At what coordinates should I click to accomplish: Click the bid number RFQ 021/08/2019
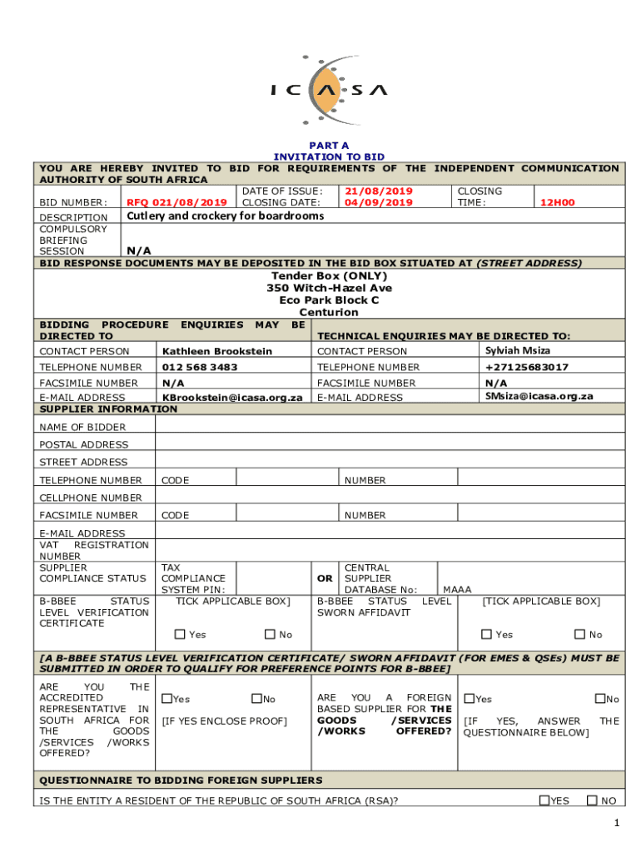click(176, 202)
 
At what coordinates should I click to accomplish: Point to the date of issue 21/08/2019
click(379, 191)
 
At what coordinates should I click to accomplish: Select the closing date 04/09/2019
click(379, 202)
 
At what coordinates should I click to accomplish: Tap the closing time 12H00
click(557, 202)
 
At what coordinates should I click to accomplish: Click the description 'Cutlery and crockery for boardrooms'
click(225, 216)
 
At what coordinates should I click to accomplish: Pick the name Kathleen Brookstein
click(216, 351)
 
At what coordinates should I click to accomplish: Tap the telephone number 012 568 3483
click(199, 367)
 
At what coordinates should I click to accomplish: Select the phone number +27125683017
click(527, 367)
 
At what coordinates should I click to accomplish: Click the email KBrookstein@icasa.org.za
click(231, 398)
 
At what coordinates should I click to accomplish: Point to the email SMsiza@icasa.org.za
click(539, 396)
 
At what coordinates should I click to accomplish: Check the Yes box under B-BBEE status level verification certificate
click(181, 635)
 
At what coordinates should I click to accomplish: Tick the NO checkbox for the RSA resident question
click(592, 800)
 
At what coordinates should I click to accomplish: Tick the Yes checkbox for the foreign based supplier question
click(470, 699)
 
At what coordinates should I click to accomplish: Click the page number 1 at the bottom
click(616, 824)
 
